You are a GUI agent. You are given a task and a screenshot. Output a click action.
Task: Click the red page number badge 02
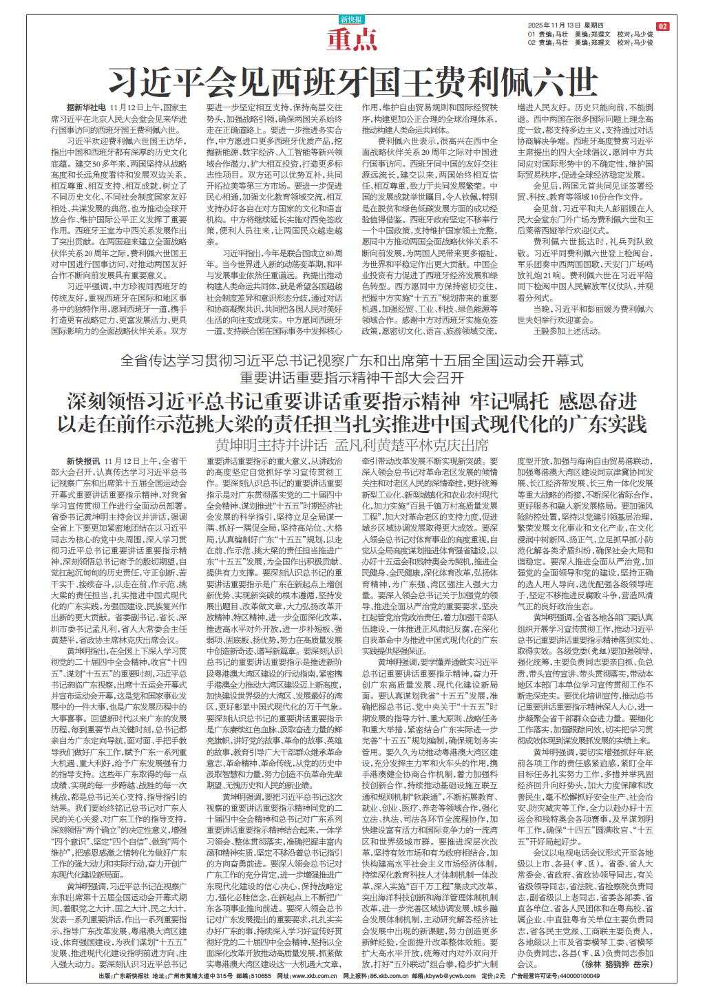coord(662,26)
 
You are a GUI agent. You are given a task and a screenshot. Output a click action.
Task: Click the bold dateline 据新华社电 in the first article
coord(86,108)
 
